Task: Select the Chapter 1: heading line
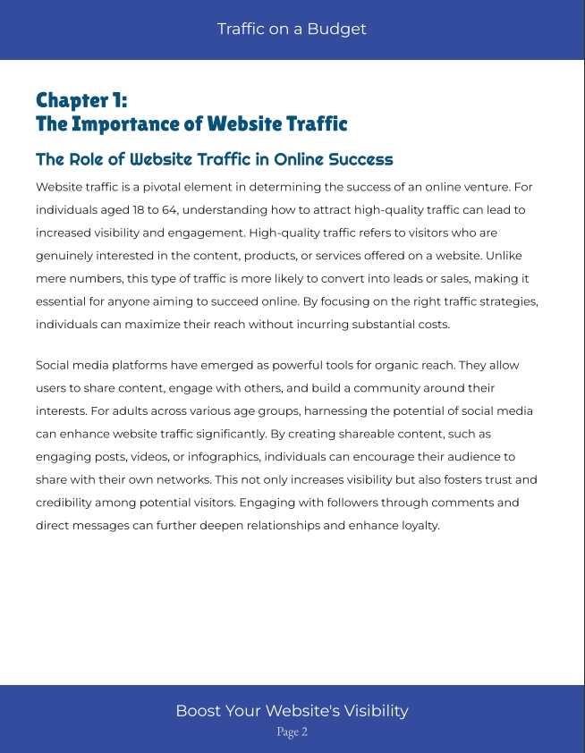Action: click(81, 99)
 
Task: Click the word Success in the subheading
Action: click(360, 160)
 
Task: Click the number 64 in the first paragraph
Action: click(156, 210)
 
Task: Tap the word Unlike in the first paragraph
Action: click(515, 256)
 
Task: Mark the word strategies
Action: click(508, 301)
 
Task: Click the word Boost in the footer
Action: click(197, 711)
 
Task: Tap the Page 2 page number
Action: click(292, 732)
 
